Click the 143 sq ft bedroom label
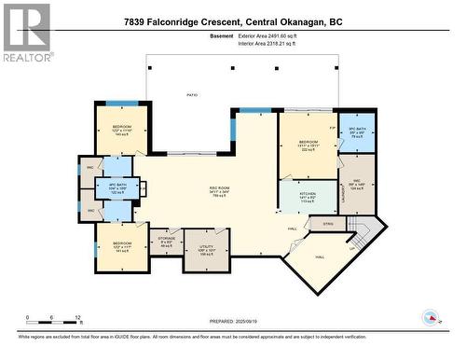click(122, 129)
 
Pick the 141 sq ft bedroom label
click(122, 245)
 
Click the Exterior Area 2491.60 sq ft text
click(278, 34)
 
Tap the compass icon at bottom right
click(430, 318)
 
